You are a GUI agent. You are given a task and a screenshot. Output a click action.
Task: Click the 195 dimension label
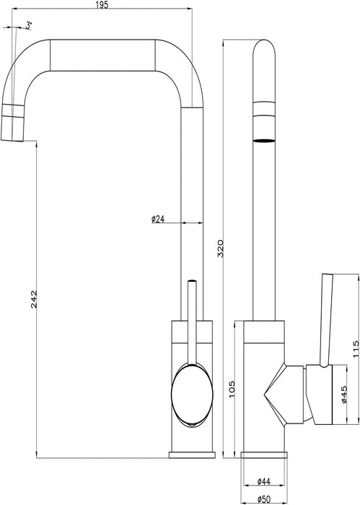coord(102,5)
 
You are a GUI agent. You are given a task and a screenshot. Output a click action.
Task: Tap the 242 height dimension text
coord(34,299)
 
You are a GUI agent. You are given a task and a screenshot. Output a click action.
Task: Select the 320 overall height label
coord(221,248)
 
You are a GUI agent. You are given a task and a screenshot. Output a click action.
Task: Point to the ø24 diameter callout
coord(158,219)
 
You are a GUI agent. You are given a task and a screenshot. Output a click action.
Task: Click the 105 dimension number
coord(232,389)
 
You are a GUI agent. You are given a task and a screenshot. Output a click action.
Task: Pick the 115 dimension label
coord(356,348)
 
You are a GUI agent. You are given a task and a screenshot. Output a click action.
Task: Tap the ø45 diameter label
coord(343,394)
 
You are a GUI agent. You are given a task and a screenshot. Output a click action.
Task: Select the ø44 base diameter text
coord(264,481)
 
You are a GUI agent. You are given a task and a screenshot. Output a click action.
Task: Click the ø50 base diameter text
coord(264,499)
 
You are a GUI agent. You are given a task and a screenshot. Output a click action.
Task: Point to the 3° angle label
coord(29,26)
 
